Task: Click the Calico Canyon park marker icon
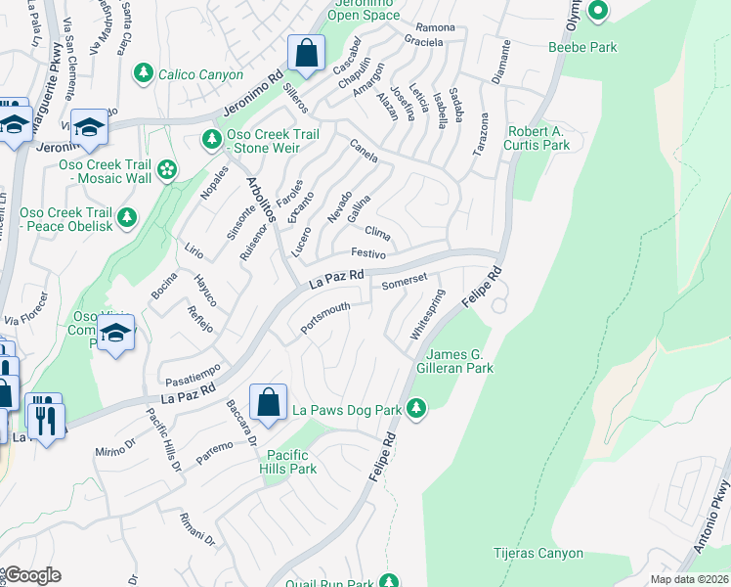click(144, 73)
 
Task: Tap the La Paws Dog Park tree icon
click(417, 406)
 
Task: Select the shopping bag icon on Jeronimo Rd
click(306, 54)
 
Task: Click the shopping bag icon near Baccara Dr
click(268, 400)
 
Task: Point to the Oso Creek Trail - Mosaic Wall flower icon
click(167, 170)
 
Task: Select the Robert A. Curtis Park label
click(537, 137)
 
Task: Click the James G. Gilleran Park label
click(461, 361)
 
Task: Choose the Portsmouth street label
click(325, 318)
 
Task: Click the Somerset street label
click(405, 281)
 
